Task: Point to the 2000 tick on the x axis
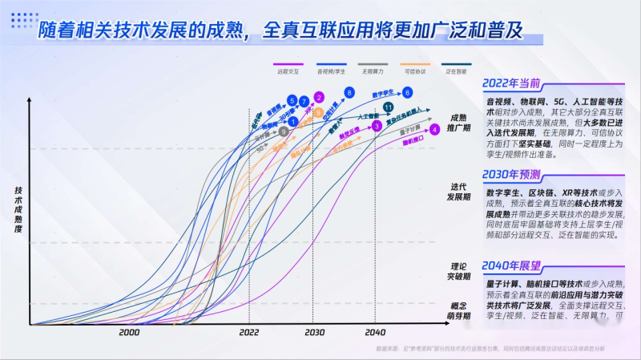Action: pos(129,332)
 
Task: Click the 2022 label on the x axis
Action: pos(249,332)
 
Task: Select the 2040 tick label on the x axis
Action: pos(375,332)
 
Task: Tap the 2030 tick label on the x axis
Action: pos(314,332)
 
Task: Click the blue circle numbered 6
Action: pos(408,93)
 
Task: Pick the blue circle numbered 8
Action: pos(349,93)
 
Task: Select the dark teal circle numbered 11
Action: pos(389,107)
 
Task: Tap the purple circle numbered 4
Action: pos(434,128)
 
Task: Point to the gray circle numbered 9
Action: pos(284,131)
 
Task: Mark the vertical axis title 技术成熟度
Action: pos(18,210)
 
